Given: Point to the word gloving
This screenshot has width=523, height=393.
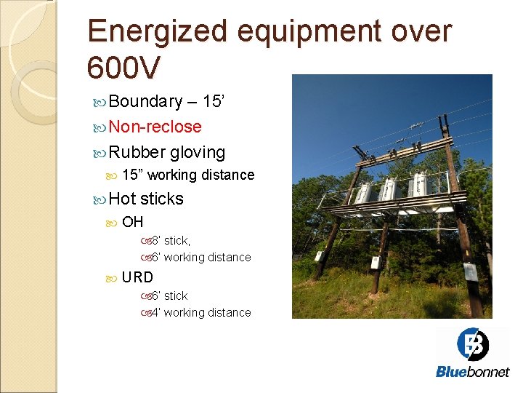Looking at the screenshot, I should (198, 152).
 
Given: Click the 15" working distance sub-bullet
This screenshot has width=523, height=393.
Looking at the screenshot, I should (187, 175).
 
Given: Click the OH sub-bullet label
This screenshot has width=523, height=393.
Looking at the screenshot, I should (132, 222).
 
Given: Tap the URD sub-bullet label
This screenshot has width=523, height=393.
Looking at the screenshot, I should (137, 277).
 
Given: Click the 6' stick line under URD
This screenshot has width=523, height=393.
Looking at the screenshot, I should (169, 295).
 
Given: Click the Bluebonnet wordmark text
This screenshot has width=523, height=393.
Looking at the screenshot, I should (472, 371).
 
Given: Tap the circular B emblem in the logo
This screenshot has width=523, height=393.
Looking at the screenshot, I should (473, 344).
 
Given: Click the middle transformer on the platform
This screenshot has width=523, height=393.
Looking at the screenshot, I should (389, 191).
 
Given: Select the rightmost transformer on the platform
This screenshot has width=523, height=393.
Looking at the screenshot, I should (419, 186).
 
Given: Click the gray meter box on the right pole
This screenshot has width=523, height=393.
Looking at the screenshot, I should (469, 272).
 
